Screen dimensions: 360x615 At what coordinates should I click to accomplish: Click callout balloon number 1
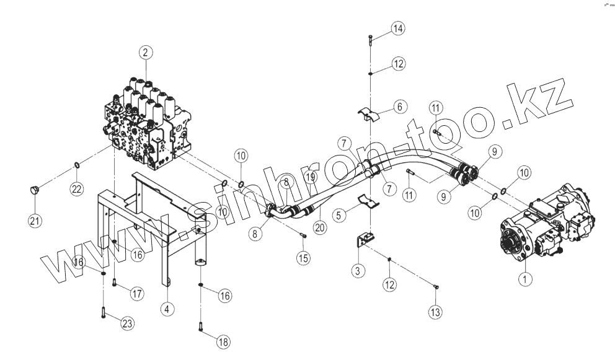[x=525, y=279]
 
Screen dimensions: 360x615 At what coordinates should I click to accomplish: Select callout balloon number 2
[x=145, y=53]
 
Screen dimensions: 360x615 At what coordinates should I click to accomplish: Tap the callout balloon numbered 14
[x=397, y=29]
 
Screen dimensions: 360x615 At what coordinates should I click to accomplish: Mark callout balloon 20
[x=320, y=227]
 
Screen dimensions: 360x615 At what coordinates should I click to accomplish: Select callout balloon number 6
[x=399, y=107]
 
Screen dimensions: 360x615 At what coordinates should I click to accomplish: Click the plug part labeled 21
[x=34, y=189]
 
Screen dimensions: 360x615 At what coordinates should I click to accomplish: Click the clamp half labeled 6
[x=368, y=114]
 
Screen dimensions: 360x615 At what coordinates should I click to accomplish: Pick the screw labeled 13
[x=435, y=286]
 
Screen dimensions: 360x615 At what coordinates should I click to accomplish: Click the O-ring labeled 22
[x=77, y=164]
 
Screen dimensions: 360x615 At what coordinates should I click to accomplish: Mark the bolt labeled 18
[x=201, y=326]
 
